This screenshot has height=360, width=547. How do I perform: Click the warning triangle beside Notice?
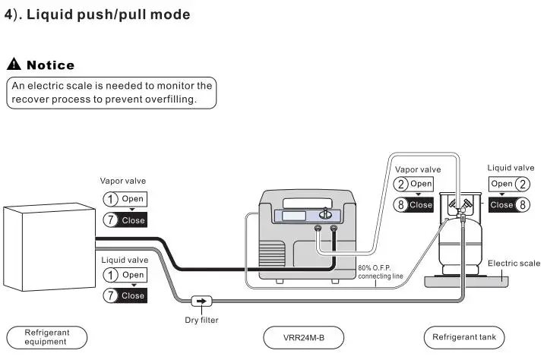coord(13,65)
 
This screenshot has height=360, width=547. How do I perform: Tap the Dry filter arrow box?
coord(201,301)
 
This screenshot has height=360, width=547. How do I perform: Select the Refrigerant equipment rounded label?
coord(47,337)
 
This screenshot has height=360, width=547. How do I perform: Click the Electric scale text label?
coord(514,264)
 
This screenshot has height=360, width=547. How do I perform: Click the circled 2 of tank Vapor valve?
coord(401,184)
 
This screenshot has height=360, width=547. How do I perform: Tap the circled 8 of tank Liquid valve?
coord(522,204)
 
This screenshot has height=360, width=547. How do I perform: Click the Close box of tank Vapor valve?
coord(420,204)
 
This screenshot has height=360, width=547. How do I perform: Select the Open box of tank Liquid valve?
coord(501,184)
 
